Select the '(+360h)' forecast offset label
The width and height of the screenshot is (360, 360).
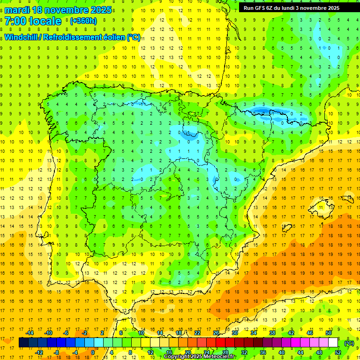point(83,21)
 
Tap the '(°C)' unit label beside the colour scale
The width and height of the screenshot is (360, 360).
point(349,343)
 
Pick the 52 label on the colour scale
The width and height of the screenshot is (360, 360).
point(338,352)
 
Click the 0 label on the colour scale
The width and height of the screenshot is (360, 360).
point(93,352)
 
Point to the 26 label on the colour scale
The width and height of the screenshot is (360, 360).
point(216,333)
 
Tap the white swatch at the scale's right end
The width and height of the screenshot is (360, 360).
point(333,343)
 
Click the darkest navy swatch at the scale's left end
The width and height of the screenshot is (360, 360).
point(23,343)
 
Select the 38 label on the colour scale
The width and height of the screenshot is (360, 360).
point(272,333)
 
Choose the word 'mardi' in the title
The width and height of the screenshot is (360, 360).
point(18,10)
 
